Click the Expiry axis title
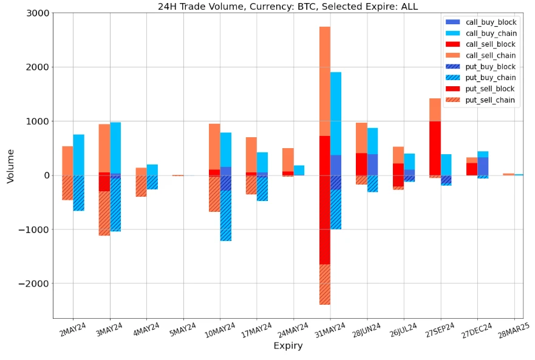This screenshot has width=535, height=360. click(x=288, y=346)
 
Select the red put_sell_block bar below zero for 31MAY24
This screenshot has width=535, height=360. click(x=325, y=219)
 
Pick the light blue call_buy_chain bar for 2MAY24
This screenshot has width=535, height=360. click(x=78, y=155)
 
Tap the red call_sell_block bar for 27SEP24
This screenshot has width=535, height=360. click(x=435, y=148)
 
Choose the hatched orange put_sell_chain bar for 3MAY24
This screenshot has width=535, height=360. click(x=104, y=213)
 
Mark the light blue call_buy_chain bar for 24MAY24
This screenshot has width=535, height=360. click(x=299, y=170)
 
